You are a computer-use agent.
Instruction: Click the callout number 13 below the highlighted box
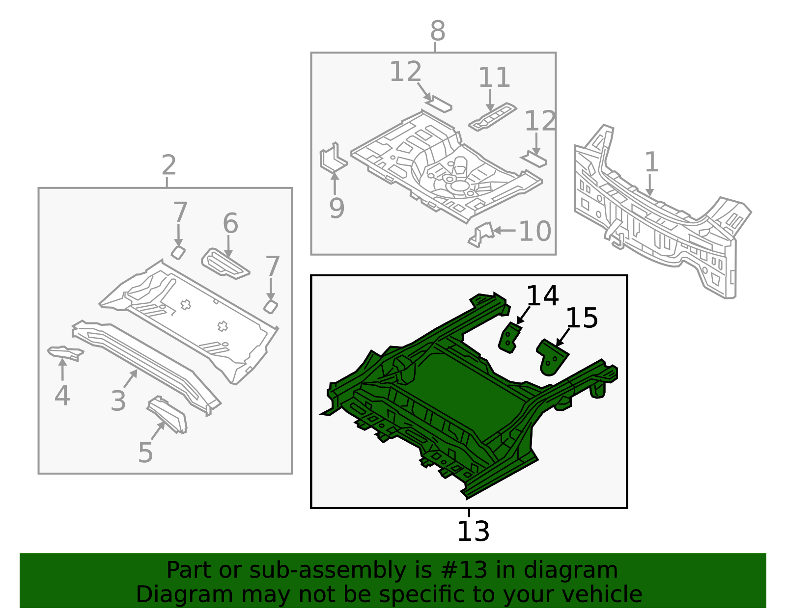pos(473,532)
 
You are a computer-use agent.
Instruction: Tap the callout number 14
pos(542,296)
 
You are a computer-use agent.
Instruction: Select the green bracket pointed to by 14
pos(509,338)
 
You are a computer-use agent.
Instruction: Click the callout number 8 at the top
pos(438,31)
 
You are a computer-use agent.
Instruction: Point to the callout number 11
pos(494,78)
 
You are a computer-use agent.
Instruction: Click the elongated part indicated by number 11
pos(492,117)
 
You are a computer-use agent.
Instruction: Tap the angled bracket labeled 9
pos(334,158)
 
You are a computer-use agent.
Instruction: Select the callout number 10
pos(535,231)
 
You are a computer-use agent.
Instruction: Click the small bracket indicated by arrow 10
pos(481,235)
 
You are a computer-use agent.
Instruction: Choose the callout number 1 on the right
pos(652,162)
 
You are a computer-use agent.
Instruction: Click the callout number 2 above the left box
pos(169,165)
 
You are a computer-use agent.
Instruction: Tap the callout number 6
pos(230,223)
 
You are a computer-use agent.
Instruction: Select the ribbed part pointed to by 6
pos(225,264)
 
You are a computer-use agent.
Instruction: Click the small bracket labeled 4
pos(65,353)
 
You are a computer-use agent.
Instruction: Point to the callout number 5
pos(145,452)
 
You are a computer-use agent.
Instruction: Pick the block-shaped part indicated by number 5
pos(167,415)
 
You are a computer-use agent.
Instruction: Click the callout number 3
pos(118,400)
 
